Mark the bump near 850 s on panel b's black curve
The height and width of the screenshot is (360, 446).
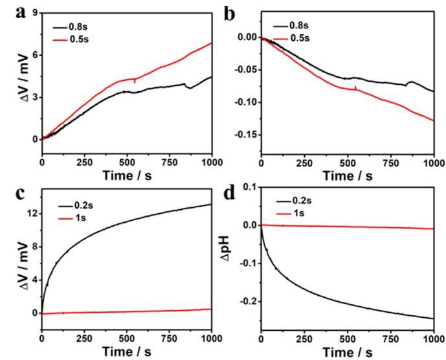[x=409, y=82]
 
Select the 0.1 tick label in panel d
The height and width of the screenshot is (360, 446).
[x=250, y=187]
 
